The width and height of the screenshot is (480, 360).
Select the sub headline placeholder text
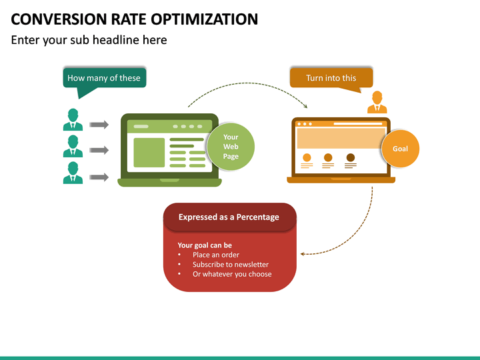89,40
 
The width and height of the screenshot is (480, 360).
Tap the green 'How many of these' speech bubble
104,78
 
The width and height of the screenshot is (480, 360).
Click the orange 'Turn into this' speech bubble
331,78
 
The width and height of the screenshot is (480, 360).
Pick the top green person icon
73,120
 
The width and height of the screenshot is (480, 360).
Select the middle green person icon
73,147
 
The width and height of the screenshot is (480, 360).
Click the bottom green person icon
73,173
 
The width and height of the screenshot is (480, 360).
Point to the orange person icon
377,103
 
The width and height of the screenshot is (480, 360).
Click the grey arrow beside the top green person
99,125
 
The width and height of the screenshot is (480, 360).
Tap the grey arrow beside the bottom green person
99,177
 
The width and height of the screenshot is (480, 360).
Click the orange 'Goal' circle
400,149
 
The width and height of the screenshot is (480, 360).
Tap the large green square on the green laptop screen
149,153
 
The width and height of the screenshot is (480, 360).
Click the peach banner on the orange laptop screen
340,138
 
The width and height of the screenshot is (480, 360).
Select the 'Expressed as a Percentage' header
229,217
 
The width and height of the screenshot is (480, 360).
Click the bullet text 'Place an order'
215,255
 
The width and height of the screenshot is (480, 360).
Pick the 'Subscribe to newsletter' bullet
231,265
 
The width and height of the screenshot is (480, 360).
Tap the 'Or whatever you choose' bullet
231,274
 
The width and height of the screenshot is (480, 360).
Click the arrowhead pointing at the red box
303,253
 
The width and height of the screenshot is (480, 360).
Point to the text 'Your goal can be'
205,245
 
